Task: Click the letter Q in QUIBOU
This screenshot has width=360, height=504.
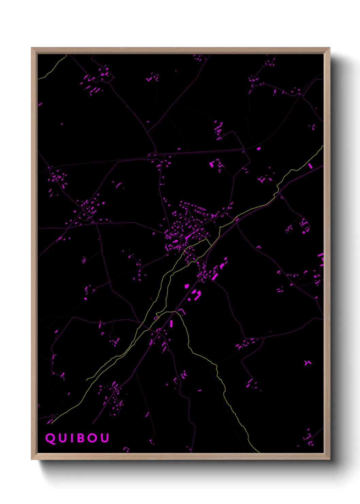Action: pos(50,438)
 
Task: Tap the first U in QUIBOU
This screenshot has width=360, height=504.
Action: pos(62,438)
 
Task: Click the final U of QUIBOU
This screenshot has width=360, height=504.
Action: pos(104,438)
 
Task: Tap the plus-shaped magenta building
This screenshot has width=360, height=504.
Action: pos(186,286)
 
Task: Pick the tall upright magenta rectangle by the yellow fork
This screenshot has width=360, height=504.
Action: pos(171,323)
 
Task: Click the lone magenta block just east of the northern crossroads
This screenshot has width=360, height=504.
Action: pos(259,148)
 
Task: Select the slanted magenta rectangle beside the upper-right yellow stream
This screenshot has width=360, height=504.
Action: pos(310,166)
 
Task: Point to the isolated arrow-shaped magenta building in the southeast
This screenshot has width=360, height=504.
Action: pos(307,363)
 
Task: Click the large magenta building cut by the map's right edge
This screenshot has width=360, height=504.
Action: pos(321,259)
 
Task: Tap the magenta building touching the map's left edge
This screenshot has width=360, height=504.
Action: pos(40,104)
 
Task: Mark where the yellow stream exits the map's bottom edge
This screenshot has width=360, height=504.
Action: pos(259,452)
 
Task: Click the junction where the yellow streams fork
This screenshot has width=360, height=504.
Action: pos(174,312)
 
